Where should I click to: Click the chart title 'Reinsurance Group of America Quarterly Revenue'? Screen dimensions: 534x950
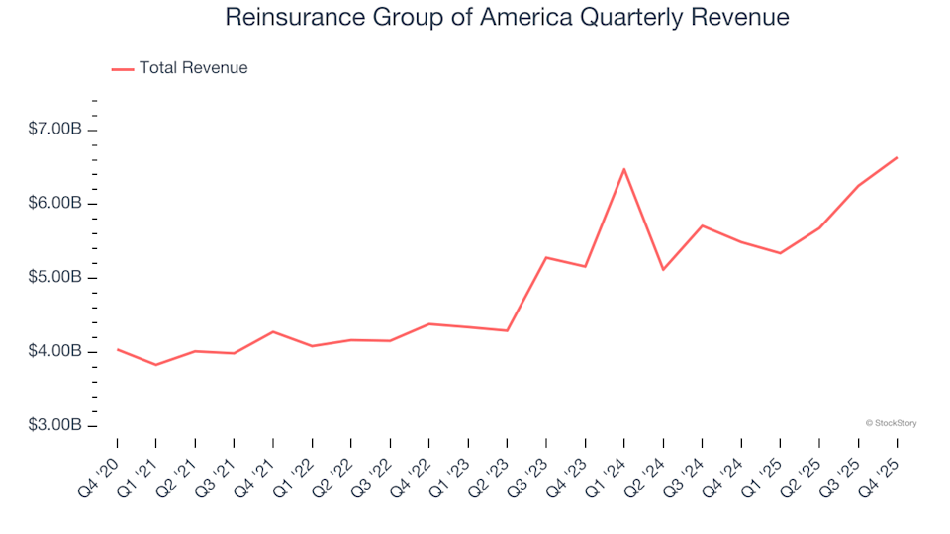pos(507,18)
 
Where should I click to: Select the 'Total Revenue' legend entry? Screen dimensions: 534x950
pos(193,68)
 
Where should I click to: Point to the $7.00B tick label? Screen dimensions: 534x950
pos(56,130)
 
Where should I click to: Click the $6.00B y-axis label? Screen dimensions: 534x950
pos(56,204)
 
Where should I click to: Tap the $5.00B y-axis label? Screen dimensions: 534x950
pos(56,278)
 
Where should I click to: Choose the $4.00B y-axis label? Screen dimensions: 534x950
pos(56,352)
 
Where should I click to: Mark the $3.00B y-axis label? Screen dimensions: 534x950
pos(56,426)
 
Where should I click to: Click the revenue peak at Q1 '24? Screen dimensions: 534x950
pos(624,169)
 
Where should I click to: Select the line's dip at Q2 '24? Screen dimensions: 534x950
pos(663,269)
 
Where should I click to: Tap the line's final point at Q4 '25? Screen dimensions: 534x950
pos(897,157)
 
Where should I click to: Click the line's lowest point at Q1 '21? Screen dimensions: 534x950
pos(156,365)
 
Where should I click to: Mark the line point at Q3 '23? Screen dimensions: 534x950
pos(546,257)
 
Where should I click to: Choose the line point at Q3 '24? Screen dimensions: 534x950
pos(702,225)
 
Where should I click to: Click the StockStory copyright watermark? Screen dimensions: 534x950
pos(891,423)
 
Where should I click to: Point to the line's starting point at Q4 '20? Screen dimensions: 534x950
pos(118,349)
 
